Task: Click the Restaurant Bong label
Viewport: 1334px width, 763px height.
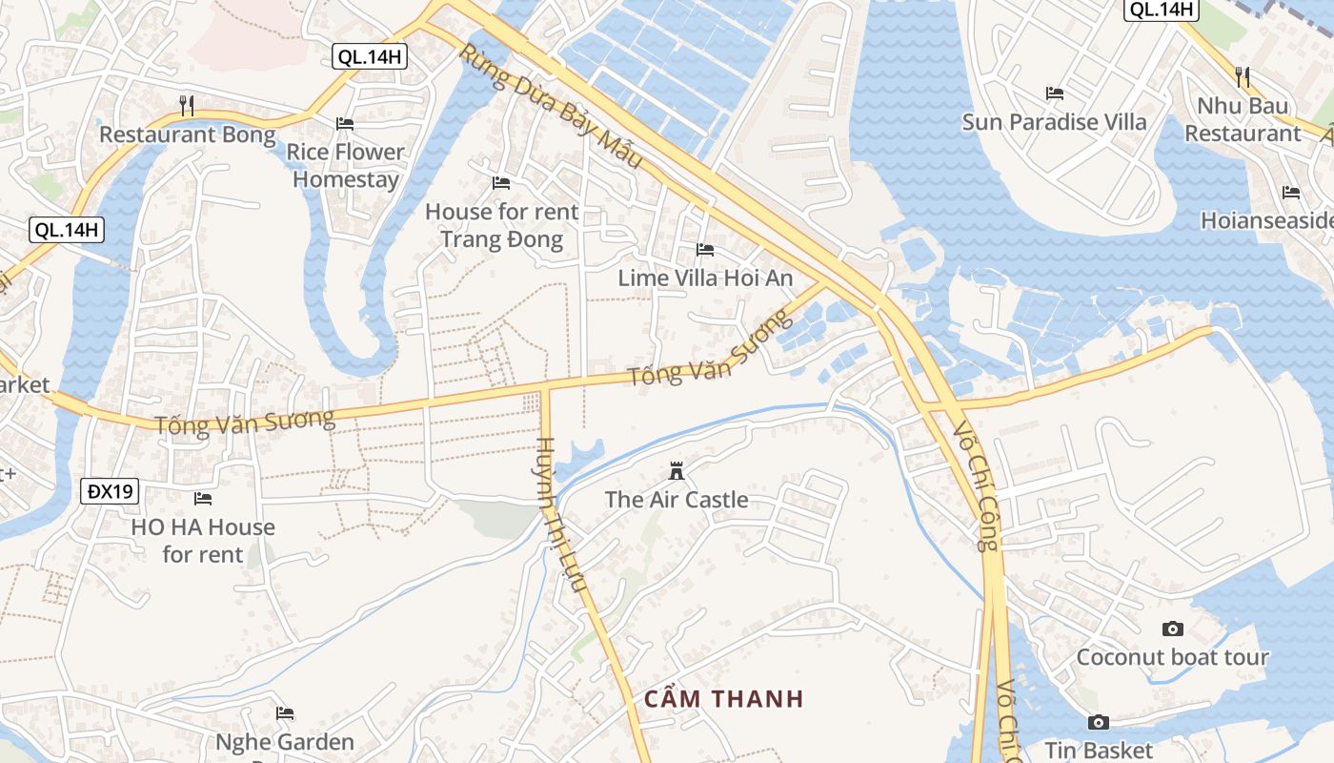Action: pos(188,134)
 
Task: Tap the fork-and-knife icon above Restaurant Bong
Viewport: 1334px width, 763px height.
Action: pos(187,104)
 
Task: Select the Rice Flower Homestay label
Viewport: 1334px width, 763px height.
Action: pos(346,165)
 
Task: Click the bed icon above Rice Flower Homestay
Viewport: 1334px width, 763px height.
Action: pos(345,124)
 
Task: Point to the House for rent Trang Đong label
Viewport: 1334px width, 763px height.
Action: pos(501,225)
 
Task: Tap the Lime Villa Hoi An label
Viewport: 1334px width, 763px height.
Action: pos(705,278)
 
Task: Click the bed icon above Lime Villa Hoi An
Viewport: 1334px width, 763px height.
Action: pos(705,250)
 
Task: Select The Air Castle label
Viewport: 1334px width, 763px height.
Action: pos(677,500)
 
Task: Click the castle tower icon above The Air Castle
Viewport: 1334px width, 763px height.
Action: pos(677,471)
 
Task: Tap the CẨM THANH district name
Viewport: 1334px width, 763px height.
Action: pos(724,699)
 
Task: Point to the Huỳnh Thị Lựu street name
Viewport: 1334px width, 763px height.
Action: pos(561,515)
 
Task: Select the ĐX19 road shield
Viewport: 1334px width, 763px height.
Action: pos(111,492)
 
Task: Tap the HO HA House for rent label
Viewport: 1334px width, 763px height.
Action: pos(203,540)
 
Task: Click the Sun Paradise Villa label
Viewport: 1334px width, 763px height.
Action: pos(1055,122)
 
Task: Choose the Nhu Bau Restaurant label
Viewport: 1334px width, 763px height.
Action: pos(1243,119)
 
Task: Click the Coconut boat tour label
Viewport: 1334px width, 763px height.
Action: pos(1173,657)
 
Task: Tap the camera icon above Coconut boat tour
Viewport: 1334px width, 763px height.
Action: pos(1173,629)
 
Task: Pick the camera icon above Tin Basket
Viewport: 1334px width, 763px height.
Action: pos(1099,722)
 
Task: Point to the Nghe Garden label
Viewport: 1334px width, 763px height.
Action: pos(285,742)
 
